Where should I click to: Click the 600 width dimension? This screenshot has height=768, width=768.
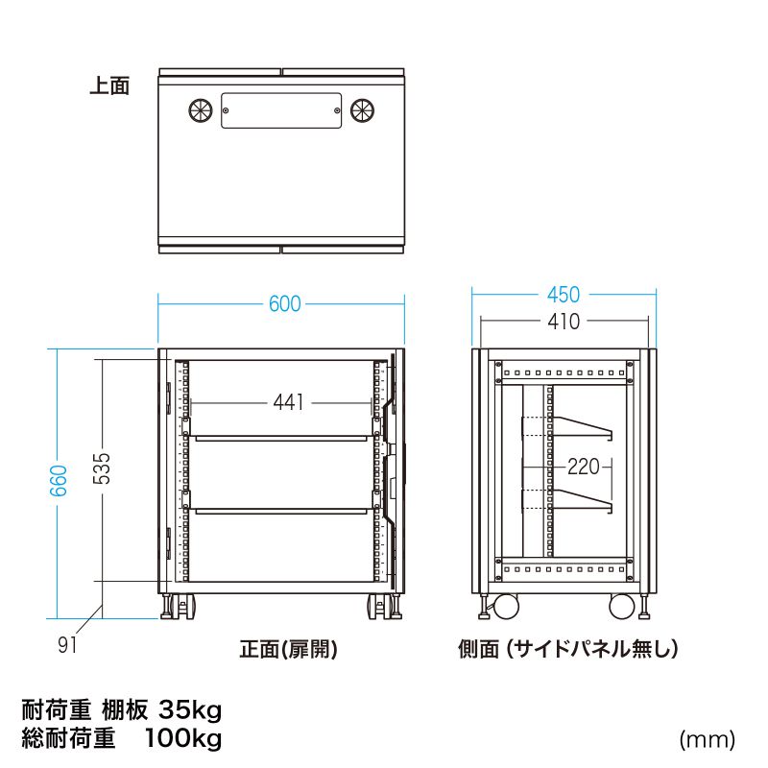point(284,304)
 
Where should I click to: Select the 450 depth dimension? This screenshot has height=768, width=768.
point(564,295)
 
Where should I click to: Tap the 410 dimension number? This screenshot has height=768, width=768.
point(564,321)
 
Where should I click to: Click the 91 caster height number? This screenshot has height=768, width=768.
point(66,644)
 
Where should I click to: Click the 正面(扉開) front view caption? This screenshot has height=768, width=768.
point(288,650)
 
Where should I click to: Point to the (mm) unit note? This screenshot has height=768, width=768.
point(707,739)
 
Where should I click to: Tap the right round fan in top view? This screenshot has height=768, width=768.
point(363,110)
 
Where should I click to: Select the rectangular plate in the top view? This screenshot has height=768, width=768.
point(281,110)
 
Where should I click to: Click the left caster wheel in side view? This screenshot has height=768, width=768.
point(503,608)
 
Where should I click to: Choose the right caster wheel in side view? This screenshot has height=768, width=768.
point(622,608)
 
